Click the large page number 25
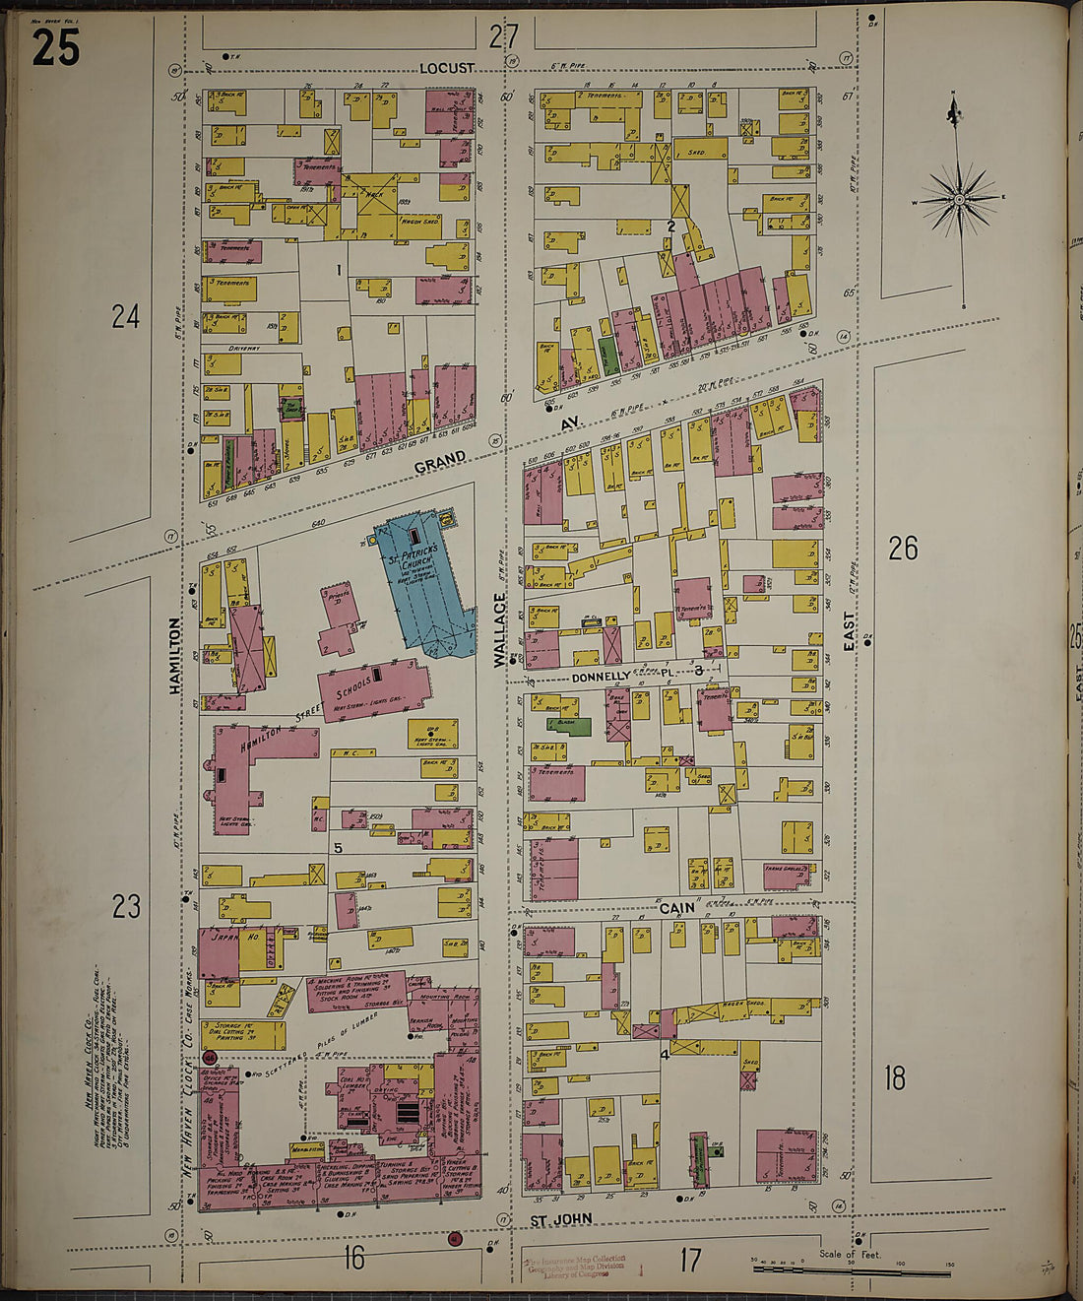[x=55, y=47]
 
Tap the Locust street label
[x=446, y=69]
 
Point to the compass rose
[x=958, y=200]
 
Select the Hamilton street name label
[x=175, y=655]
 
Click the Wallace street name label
[x=499, y=630]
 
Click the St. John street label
[x=561, y=1219]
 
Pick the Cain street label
[x=676, y=908]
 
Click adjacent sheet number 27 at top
[x=503, y=37]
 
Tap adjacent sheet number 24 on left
[x=125, y=317]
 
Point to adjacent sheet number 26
[x=903, y=549]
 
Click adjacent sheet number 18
[x=894, y=1078]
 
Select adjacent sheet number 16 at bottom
[x=353, y=1258]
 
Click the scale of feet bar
[x=852, y=1272]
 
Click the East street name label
[x=849, y=630]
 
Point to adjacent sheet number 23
[x=125, y=906]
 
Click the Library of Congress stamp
[x=576, y=1268]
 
